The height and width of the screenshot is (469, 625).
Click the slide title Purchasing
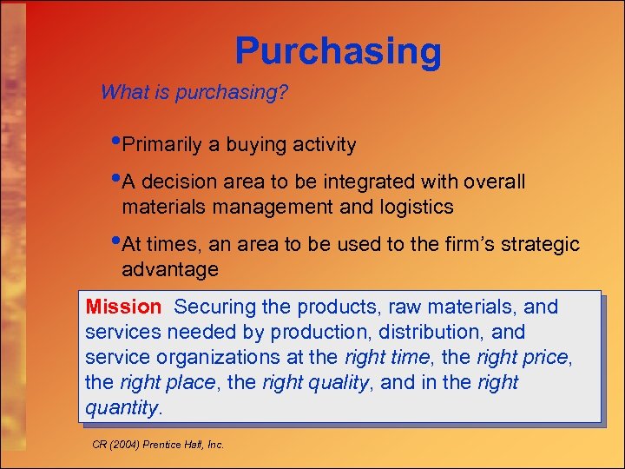point(338,52)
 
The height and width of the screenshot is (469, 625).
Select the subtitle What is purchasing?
point(194,92)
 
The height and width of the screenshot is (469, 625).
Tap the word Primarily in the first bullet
point(162,145)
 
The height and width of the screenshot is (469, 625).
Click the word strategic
point(538,245)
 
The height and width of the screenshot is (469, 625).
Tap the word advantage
point(170,269)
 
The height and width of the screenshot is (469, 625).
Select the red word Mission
point(123,307)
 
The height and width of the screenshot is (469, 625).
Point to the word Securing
point(210,307)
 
